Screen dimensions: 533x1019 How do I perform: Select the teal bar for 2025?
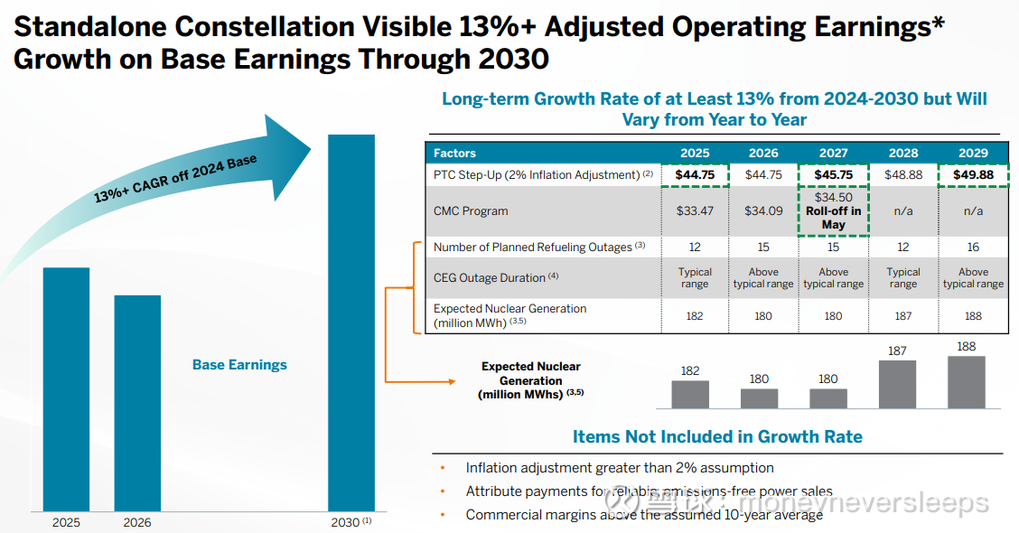click(x=66, y=388)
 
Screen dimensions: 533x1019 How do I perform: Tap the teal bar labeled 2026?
click(x=137, y=402)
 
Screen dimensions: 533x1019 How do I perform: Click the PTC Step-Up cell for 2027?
click(x=833, y=174)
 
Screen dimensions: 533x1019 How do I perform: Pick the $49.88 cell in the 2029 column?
click(x=973, y=174)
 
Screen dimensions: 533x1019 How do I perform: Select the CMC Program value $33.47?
click(x=695, y=211)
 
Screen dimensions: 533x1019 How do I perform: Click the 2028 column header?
click(x=903, y=153)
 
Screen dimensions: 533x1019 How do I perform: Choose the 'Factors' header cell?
click(x=454, y=153)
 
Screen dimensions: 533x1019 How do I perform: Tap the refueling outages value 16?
click(x=973, y=247)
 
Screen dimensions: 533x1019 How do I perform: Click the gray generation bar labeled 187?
click(x=897, y=384)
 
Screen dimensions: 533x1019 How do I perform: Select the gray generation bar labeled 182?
click(x=690, y=394)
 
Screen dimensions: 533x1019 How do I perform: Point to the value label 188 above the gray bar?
click(x=966, y=346)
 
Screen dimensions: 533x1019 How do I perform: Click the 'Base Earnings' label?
click(x=239, y=365)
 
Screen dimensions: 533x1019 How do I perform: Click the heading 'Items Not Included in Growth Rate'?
click(x=717, y=437)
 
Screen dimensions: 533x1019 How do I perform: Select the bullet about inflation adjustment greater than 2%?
click(x=620, y=468)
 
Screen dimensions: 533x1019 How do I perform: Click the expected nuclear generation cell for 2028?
click(x=903, y=316)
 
